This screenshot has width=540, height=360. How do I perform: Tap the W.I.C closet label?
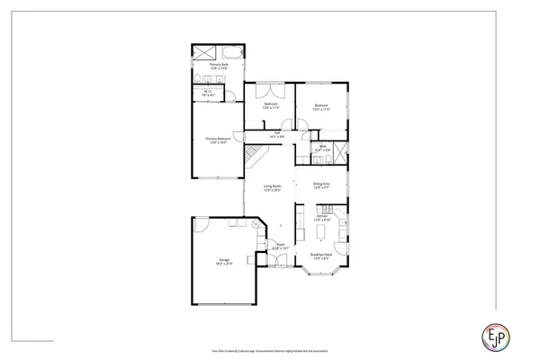pyautogui.click(x=207, y=92)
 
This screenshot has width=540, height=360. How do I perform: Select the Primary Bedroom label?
pyautogui.click(x=218, y=140)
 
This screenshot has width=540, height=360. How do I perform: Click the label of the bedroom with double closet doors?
pyautogui.click(x=271, y=106)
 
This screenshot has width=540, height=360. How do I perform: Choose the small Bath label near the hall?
pyautogui.click(x=322, y=147)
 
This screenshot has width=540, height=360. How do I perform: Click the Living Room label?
pyautogui.click(x=272, y=189)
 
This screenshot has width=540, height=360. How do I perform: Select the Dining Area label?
pyautogui.click(x=321, y=185)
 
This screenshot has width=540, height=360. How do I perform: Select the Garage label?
pyautogui.click(x=222, y=262)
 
